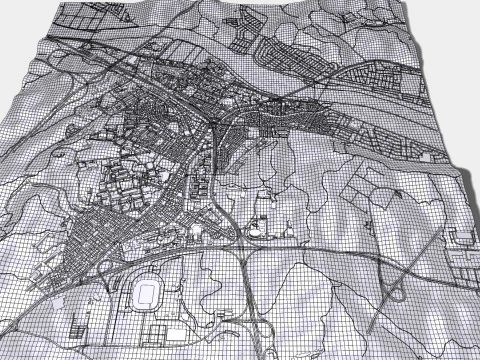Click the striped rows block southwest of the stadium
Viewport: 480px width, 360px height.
point(80,325)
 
